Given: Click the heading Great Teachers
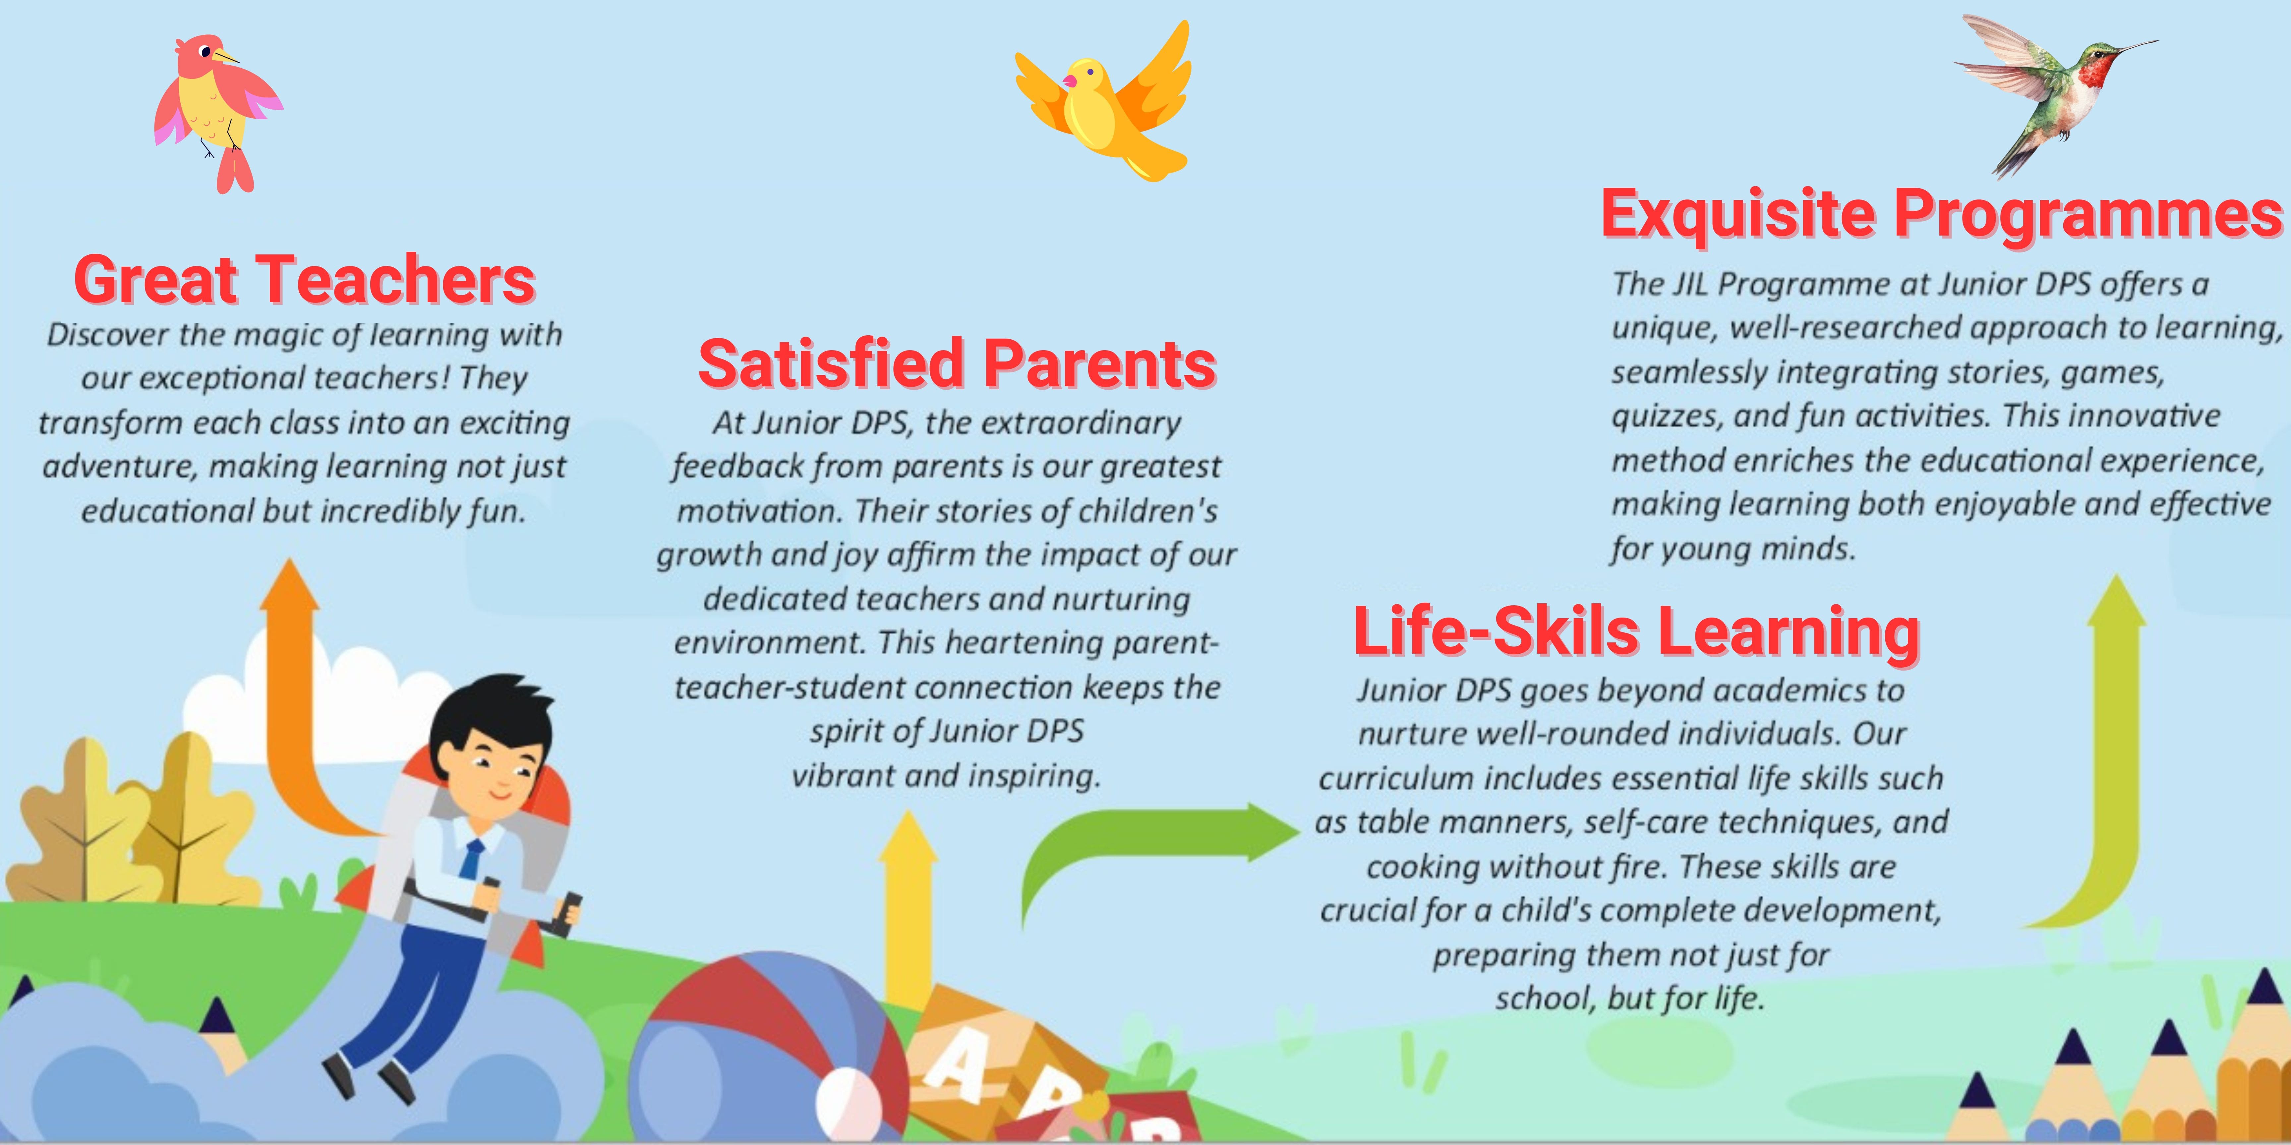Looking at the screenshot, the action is (304, 279).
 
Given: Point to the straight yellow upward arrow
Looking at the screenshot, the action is (907, 907).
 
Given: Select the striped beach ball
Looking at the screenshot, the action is (765, 1049).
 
